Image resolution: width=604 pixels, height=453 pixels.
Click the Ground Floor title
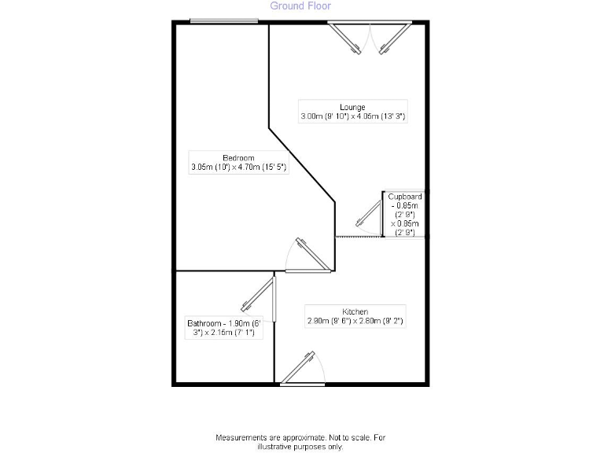click(300, 6)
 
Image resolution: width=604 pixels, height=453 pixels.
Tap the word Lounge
click(352, 107)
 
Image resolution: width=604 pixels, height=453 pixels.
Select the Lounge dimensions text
click(352, 116)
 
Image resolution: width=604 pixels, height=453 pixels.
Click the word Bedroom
click(238, 158)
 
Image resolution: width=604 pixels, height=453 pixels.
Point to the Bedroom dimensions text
click(238, 168)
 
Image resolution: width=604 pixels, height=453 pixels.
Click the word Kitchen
click(355, 311)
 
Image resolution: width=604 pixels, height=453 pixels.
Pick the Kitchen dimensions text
click(355, 321)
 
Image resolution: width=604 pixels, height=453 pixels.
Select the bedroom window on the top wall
click(224, 21)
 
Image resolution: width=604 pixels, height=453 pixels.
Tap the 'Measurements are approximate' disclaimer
click(301, 437)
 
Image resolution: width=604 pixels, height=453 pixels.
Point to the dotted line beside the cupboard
click(359, 236)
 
